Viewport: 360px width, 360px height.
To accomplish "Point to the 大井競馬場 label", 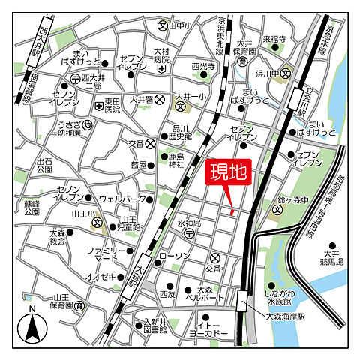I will [328, 258].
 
